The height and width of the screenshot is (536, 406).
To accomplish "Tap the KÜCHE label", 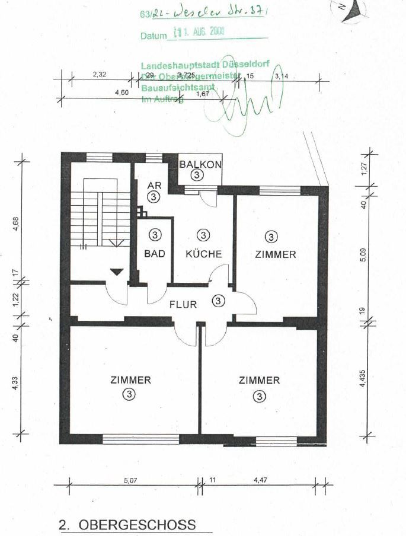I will [203, 254].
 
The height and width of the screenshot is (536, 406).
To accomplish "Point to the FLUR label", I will [184, 305].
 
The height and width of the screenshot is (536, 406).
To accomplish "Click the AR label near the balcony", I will [154, 185].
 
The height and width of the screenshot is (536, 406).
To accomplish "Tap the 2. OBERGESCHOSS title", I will [127, 525].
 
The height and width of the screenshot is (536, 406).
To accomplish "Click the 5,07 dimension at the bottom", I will [131, 481].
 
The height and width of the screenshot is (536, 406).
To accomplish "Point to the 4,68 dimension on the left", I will [16, 226].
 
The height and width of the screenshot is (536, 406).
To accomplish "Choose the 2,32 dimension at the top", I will [100, 75].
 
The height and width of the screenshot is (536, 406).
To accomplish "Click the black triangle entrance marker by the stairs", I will [117, 272].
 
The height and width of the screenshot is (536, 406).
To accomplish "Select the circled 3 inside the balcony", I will [197, 175].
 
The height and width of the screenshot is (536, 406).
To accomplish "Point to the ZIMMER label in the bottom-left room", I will [130, 380].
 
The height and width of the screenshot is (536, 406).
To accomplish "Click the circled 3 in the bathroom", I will [155, 236].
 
